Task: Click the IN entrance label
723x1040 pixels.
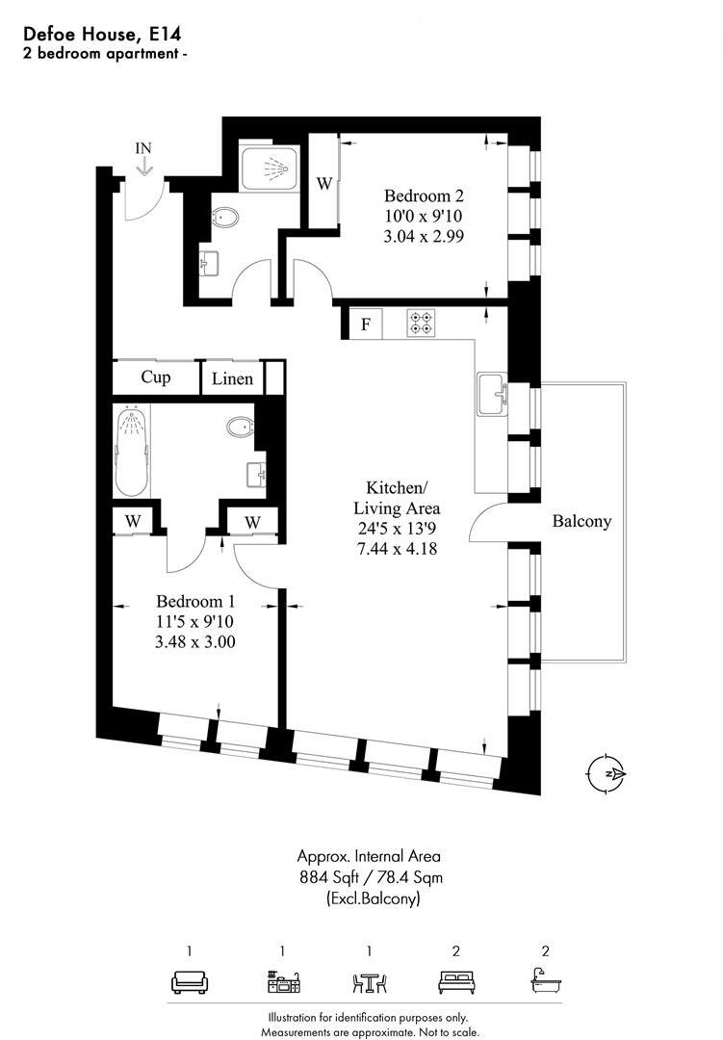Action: pos(143,147)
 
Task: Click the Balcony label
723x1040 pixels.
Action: pos(581,521)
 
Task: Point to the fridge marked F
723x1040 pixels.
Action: pos(365,324)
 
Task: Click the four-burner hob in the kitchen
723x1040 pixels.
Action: pos(421,323)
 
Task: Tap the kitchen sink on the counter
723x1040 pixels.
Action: pos(494,395)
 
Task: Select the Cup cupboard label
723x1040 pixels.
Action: pos(156,377)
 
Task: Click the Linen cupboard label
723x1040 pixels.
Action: pos(232,377)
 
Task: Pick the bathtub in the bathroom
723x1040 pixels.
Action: pos(132,450)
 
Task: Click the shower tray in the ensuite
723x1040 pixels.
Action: pos(270,170)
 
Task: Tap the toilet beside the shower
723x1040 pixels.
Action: pos(224,218)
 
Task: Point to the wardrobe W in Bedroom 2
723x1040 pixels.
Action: pos(324,182)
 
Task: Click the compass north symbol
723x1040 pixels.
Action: pos(607,773)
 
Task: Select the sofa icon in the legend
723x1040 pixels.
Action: pos(190,983)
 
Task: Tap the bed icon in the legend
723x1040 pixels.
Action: pos(454,983)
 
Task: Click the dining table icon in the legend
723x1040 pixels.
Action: pos(369,983)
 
